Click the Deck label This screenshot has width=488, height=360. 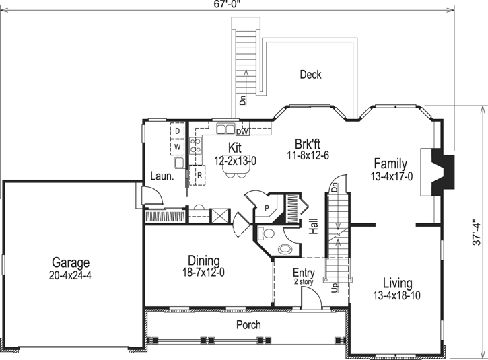pyautogui.click(x=310, y=75)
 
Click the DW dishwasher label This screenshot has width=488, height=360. pyautogui.click(x=242, y=132)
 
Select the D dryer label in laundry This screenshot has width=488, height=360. pyautogui.click(x=178, y=131)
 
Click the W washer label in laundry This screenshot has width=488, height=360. pyautogui.click(x=178, y=145)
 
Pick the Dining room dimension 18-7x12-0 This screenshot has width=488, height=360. pyautogui.click(x=202, y=273)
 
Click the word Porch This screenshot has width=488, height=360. pyautogui.click(x=248, y=325)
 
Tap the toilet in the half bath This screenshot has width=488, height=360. pyautogui.click(x=267, y=234)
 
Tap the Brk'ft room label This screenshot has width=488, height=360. pyautogui.click(x=308, y=143)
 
